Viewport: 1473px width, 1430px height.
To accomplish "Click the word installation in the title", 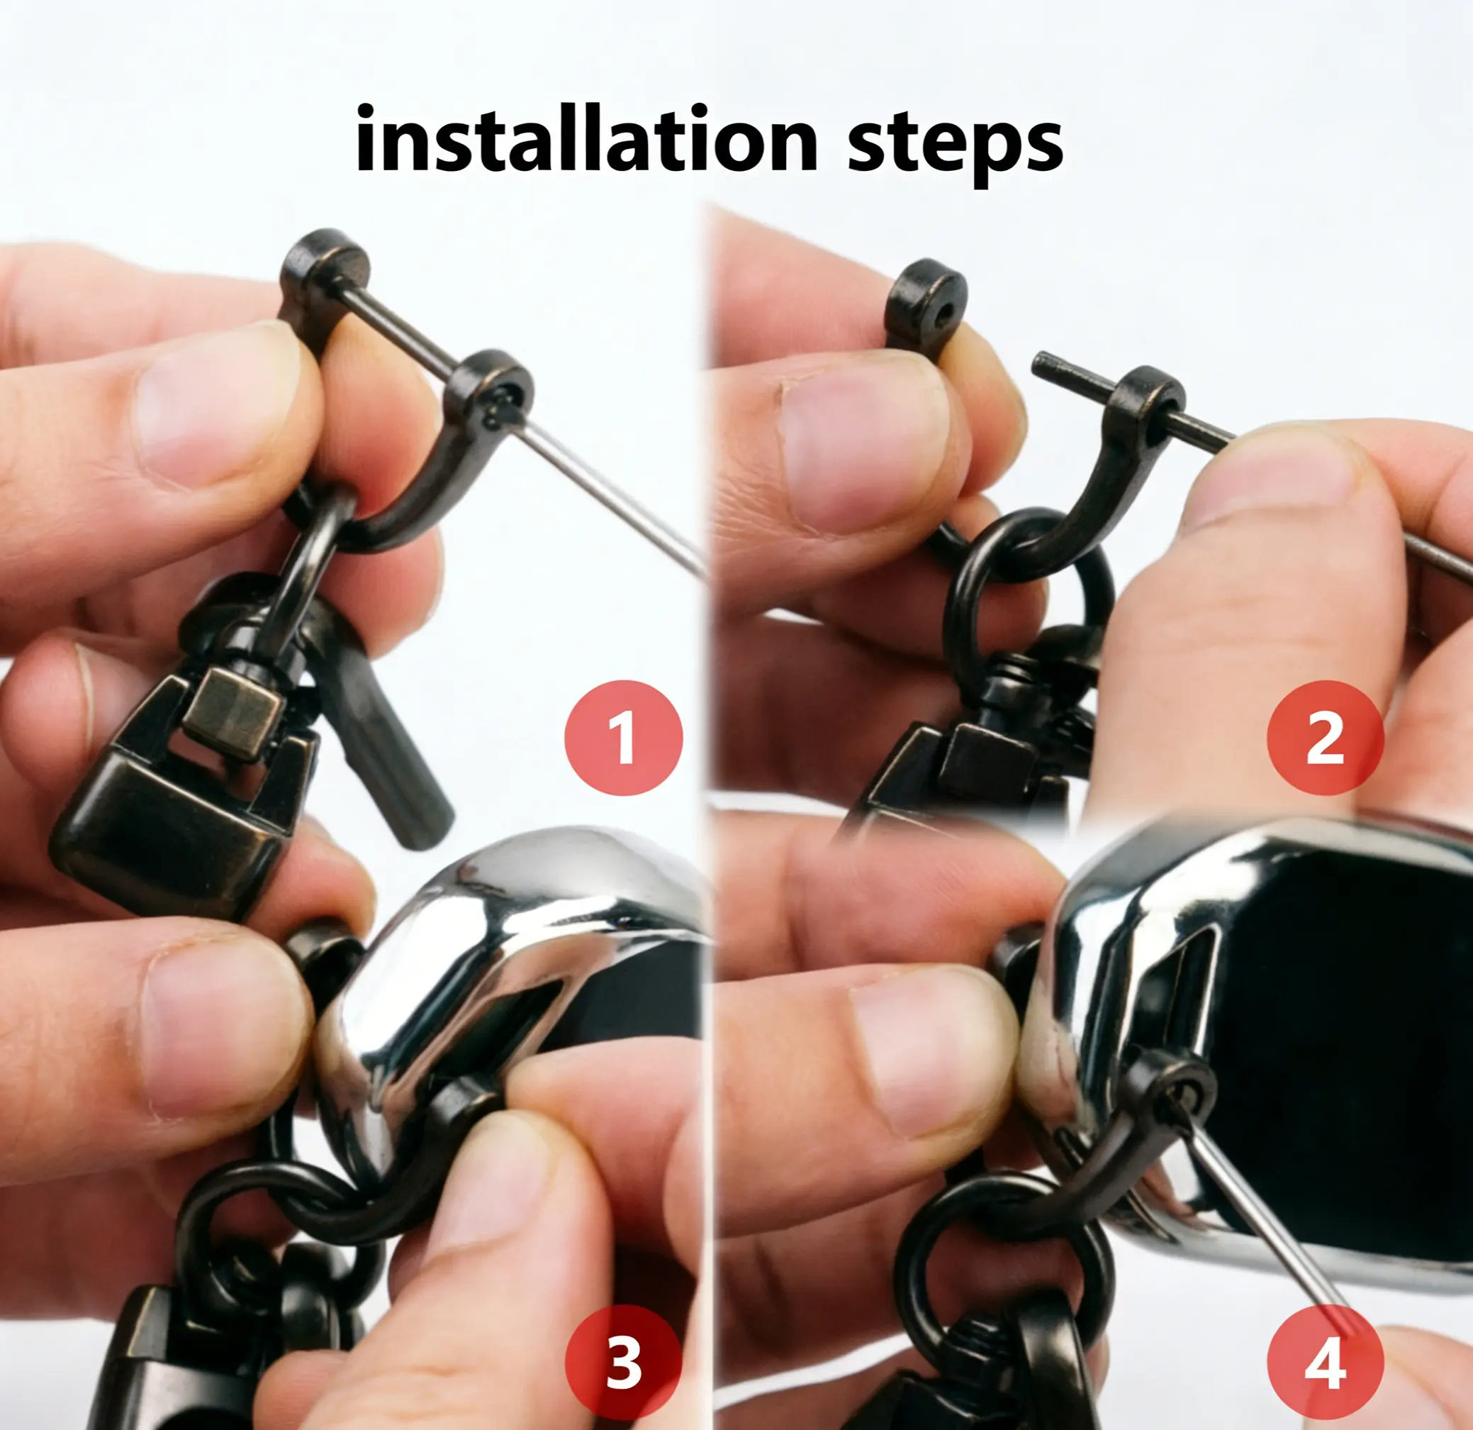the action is coord(586,140).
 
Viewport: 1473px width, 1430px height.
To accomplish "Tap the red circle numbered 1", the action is coord(623,738).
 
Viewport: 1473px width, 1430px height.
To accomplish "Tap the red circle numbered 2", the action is coord(1325,738).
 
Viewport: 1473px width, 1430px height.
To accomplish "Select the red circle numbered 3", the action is coord(623,1363).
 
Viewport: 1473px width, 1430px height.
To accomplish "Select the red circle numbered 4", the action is coord(1325,1363).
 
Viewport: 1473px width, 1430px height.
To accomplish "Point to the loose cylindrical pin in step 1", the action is coord(387,744).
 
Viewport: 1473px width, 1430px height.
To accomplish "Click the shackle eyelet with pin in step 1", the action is coord(489,391).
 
